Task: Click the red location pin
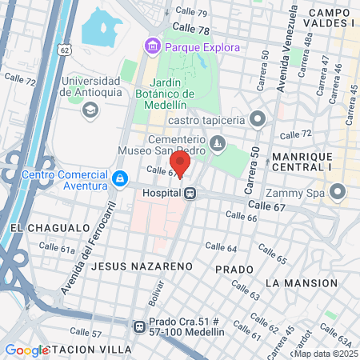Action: click(180, 162)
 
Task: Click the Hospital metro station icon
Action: click(190, 193)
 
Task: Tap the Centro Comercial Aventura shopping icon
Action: click(119, 177)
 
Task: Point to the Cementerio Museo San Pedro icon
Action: click(218, 143)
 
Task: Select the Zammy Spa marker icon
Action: click(337, 192)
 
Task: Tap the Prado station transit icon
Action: click(139, 326)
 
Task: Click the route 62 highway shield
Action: click(63, 49)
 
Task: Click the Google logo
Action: click(27, 350)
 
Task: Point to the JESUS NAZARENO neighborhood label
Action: click(142, 264)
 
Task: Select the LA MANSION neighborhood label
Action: click(301, 283)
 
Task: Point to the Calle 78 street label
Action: click(190, 30)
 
